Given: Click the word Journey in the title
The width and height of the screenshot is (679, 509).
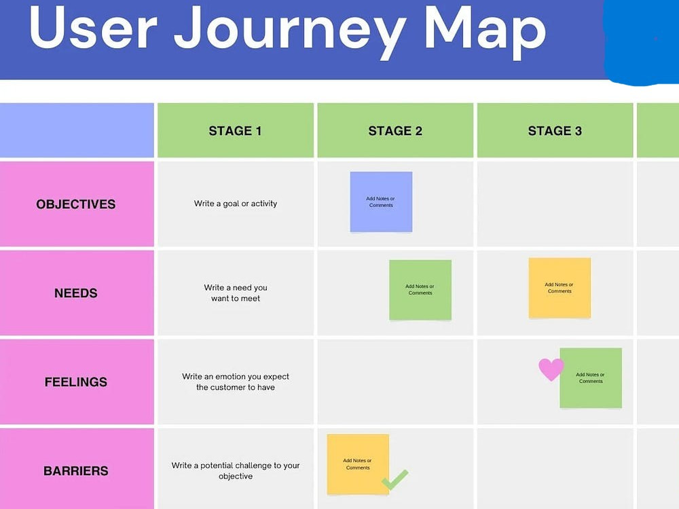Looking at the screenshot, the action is pyautogui.click(x=290, y=31).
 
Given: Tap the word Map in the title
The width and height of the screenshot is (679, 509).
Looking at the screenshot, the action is pyautogui.click(x=485, y=31).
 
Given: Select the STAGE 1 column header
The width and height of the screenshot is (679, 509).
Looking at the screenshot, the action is pyautogui.click(x=235, y=131).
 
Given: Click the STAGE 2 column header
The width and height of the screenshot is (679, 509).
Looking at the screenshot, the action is pyautogui.click(x=395, y=131).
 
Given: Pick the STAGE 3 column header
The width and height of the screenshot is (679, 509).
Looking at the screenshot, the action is pyautogui.click(x=555, y=131).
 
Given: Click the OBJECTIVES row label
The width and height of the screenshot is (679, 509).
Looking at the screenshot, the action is pyautogui.click(x=76, y=204).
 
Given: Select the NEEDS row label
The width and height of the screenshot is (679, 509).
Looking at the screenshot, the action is pyautogui.click(x=76, y=293).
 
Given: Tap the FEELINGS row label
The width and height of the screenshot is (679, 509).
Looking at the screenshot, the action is pyautogui.click(x=76, y=381).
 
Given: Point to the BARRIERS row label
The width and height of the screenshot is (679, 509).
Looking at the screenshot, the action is pyautogui.click(x=76, y=470).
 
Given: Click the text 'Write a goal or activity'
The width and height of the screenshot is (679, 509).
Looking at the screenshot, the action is pyautogui.click(x=236, y=204).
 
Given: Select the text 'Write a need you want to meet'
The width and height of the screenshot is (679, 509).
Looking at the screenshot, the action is pyautogui.click(x=236, y=293).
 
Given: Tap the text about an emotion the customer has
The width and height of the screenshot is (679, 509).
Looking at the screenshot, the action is pyautogui.click(x=236, y=381).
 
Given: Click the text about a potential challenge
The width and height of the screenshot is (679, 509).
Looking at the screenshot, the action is pyautogui.click(x=236, y=470).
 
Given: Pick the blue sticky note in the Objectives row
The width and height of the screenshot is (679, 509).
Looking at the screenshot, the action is pyautogui.click(x=381, y=202).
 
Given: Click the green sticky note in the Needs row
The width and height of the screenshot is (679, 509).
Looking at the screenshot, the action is pyautogui.click(x=420, y=290).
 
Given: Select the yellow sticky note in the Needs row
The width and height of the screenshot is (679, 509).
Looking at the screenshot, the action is pyautogui.click(x=559, y=288).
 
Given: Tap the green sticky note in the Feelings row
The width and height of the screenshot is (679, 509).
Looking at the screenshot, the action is pyautogui.click(x=591, y=378).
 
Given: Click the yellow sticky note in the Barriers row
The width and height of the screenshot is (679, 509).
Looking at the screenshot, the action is pyautogui.click(x=358, y=464).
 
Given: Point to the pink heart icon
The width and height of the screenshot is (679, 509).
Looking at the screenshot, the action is pyautogui.click(x=551, y=369).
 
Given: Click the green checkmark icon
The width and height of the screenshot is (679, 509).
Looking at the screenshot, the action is pyautogui.click(x=395, y=480).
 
